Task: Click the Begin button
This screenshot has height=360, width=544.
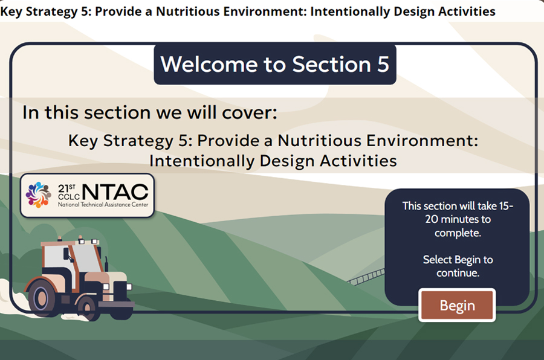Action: (457, 305)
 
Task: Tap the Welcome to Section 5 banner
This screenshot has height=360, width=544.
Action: (275, 64)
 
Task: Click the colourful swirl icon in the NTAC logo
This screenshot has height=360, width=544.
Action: (39, 195)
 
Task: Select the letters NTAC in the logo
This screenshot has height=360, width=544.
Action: (115, 192)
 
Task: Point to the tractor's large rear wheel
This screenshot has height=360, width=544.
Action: (41, 298)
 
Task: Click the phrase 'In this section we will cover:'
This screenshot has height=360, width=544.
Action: (150, 112)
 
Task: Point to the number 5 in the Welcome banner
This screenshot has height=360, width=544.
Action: (383, 64)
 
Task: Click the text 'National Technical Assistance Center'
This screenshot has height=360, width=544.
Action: (103, 205)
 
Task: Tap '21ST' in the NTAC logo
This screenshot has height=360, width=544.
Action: (66, 188)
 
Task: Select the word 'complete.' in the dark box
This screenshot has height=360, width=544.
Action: (458, 233)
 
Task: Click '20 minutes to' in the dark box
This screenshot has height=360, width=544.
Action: (458, 219)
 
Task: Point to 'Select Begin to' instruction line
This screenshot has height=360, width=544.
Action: (458, 260)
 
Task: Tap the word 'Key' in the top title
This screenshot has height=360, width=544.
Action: (11, 11)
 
